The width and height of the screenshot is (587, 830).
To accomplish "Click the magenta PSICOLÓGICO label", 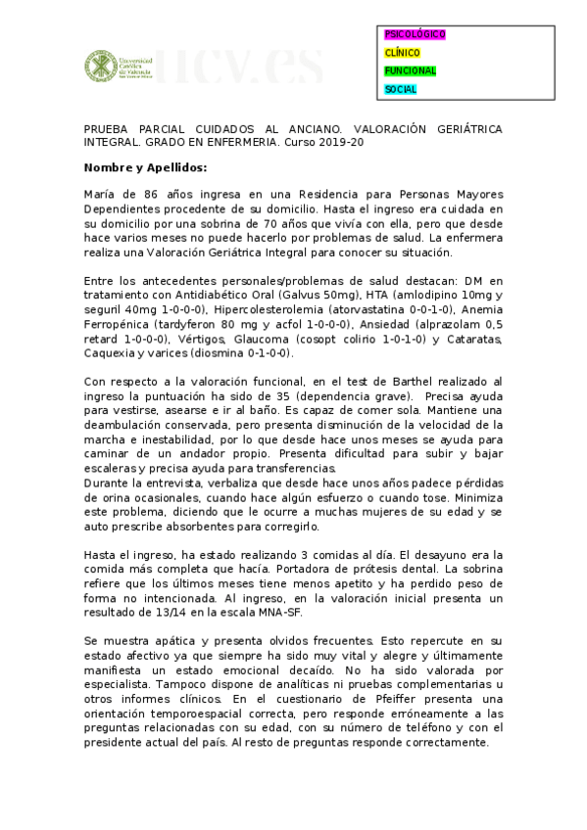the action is [416, 34].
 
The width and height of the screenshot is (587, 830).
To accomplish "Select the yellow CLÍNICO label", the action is [403, 53].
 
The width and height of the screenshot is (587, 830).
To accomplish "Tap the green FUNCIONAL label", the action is [411, 71].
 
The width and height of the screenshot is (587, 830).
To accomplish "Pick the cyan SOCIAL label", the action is [401, 90].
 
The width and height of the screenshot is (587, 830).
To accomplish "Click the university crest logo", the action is [97, 68].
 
